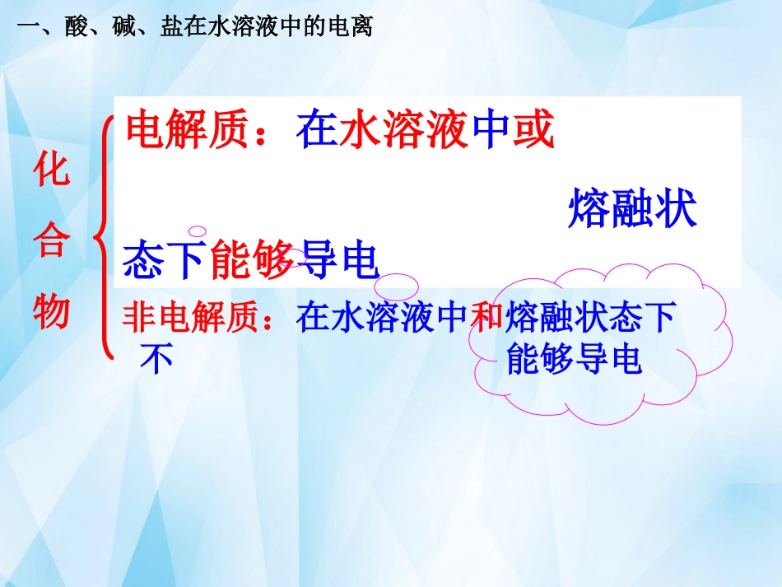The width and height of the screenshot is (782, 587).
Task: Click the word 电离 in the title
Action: (351, 26)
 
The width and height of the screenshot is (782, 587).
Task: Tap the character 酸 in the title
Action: (74, 26)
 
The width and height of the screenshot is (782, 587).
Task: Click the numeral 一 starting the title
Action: (27, 26)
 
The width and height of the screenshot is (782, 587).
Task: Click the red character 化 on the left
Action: (52, 172)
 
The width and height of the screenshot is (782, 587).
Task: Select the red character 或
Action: (533, 130)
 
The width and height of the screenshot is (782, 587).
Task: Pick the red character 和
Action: (486, 318)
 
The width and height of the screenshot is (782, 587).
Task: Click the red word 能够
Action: (253, 261)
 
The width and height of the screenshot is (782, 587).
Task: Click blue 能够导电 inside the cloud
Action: (574, 358)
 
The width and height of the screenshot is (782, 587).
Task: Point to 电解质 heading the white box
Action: (187, 130)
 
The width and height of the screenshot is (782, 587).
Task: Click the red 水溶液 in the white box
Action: (405, 130)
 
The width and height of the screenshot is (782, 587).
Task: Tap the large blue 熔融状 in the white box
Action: (632, 209)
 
